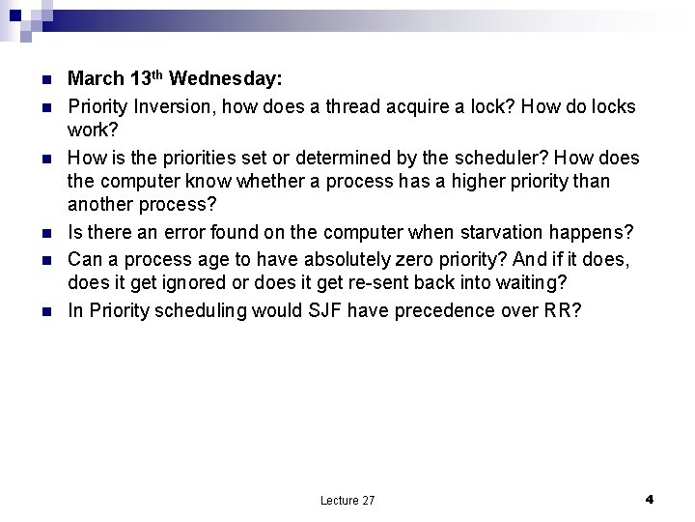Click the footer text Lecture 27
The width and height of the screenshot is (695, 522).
[347, 500]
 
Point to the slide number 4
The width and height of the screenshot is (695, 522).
[650, 499]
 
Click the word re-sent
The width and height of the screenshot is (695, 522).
[360, 285]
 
